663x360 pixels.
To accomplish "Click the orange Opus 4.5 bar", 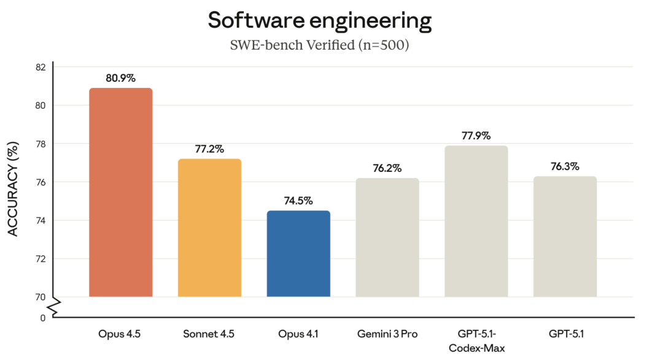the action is tap(120, 192).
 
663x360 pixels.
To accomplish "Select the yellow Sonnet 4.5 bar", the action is tap(209, 227).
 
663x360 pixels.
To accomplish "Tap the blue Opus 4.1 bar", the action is tap(298, 253).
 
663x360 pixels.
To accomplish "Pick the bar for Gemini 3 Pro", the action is tap(387, 237).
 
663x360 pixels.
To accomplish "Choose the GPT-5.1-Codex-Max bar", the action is tap(476, 221).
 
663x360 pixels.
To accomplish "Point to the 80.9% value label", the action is tap(120, 78).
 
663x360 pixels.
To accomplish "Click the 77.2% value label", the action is tap(209, 149).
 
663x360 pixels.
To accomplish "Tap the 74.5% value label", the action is tap(298, 200).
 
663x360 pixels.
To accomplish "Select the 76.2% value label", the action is tap(387, 168).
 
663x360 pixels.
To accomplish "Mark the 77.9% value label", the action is tap(476, 136).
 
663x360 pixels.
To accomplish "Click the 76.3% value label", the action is tap(565, 166).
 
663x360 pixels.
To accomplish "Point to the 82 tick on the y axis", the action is tap(41, 67).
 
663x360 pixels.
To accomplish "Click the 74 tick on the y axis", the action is tap(41, 221).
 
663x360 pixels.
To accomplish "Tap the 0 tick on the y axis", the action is tap(43, 318).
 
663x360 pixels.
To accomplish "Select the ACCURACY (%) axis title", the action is tap(13, 189).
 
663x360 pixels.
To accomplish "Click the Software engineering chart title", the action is tap(320, 20).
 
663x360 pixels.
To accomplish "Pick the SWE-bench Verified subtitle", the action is tap(320, 45).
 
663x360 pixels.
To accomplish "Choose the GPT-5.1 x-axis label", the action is tap(566, 334).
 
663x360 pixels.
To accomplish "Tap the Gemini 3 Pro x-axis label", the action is tap(387, 334).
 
